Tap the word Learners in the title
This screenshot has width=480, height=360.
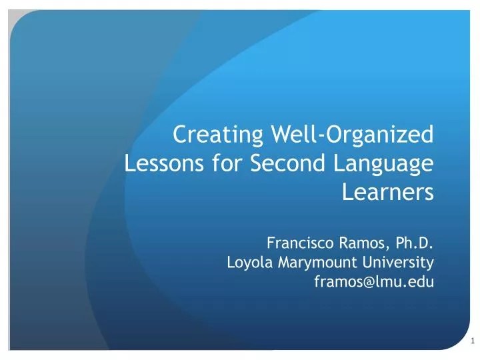tap(387, 192)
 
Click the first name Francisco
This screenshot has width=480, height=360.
tap(299, 242)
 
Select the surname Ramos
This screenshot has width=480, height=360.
tap(361, 242)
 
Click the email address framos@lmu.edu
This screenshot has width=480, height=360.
tap(373, 281)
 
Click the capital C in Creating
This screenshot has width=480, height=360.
tap(180, 135)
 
